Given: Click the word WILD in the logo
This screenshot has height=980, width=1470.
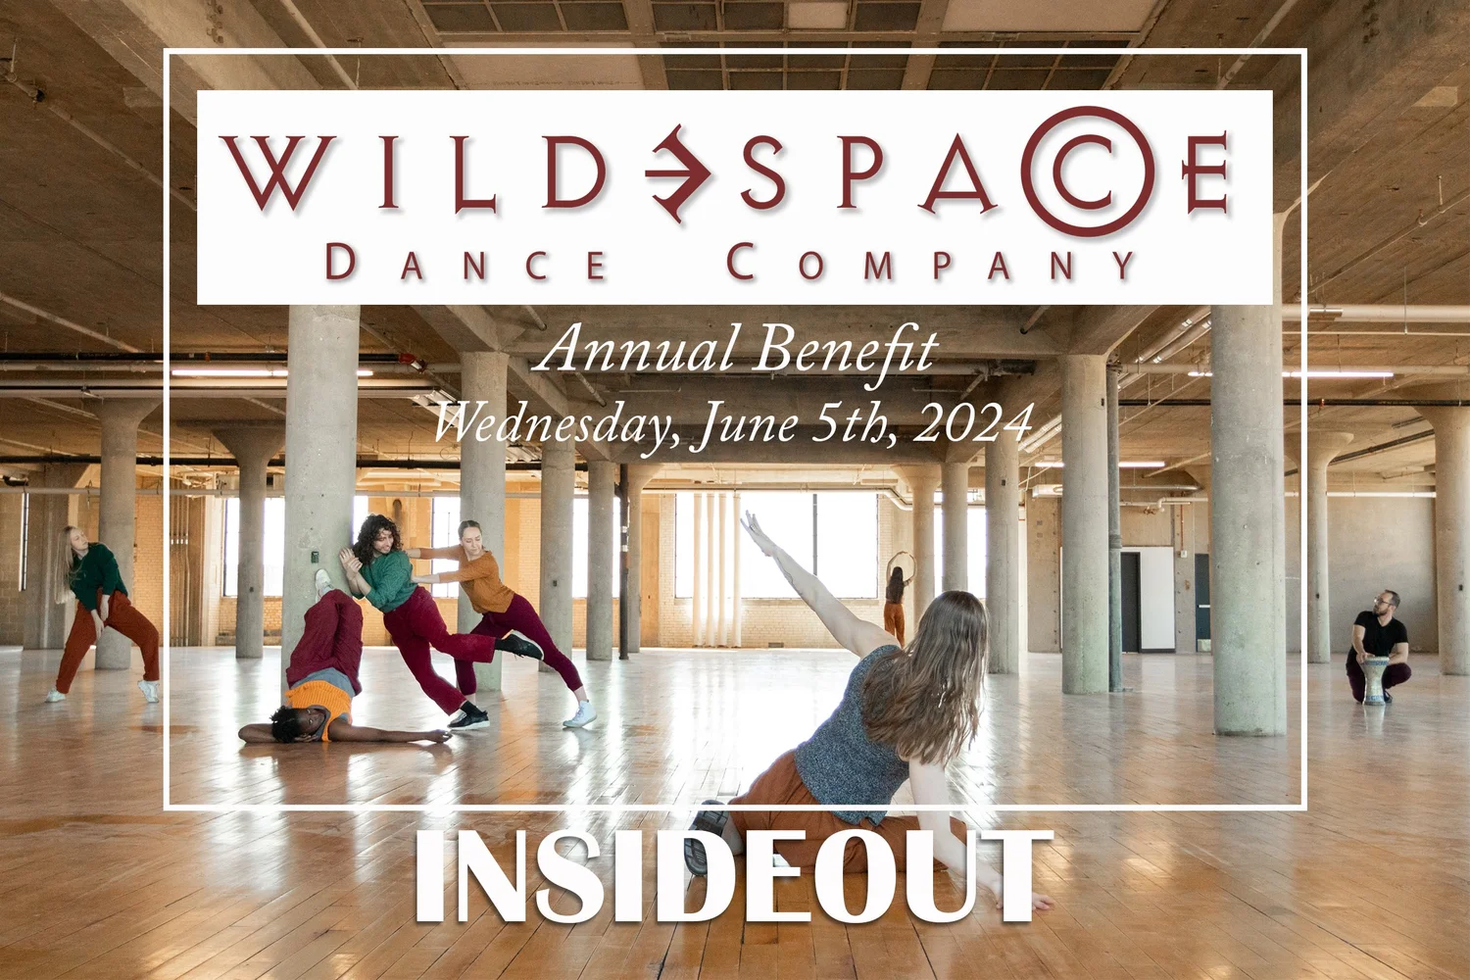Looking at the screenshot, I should (412, 173).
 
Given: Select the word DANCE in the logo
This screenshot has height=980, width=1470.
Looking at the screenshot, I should (466, 264).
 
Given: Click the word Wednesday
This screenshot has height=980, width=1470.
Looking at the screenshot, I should (559, 423).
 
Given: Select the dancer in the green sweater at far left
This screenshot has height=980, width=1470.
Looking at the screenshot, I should (100, 612).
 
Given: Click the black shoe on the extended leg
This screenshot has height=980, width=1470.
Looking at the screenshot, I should (519, 646).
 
